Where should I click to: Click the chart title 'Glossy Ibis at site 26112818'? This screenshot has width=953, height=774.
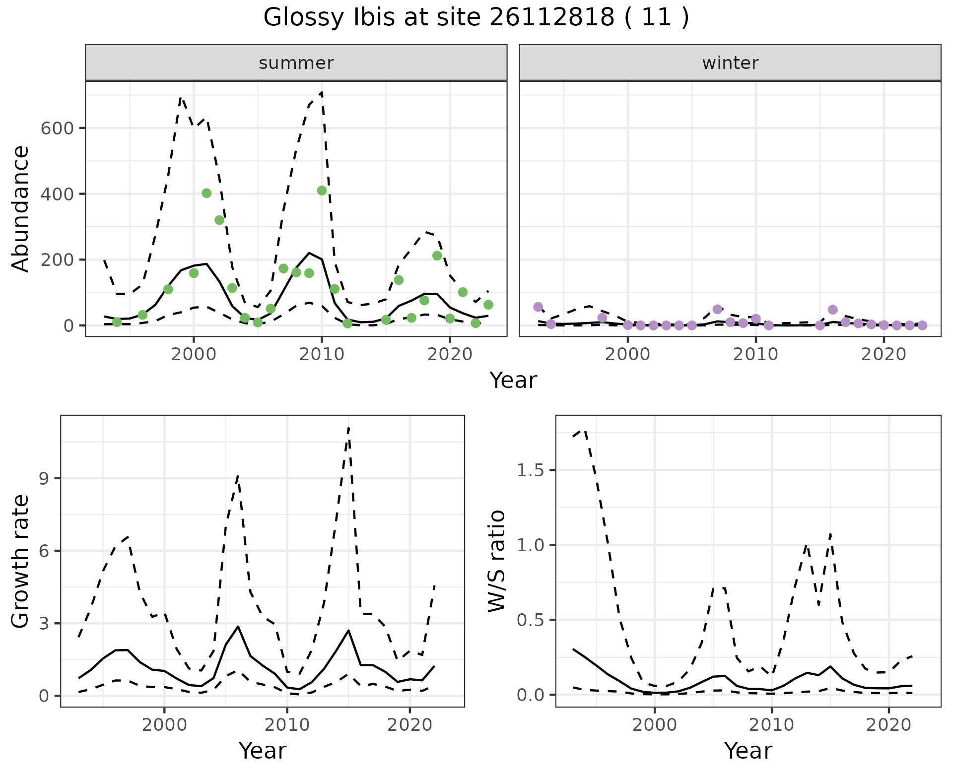pyautogui.click(x=476, y=18)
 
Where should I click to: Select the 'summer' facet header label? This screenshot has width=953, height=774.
pyautogui.click(x=296, y=63)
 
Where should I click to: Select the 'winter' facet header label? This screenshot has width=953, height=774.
pyautogui.click(x=730, y=63)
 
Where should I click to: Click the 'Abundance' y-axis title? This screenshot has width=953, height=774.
pyautogui.click(x=21, y=208)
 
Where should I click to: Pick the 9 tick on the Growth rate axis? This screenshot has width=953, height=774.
pyautogui.click(x=45, y=478)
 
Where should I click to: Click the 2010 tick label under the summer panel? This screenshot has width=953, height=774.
pyautogui.click(x=322, y=355)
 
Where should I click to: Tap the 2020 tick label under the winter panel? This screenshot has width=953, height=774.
pyautogui.click(x=884, y=355)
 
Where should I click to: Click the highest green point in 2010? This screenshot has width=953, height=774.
pyautogui.click(x=322, y=191)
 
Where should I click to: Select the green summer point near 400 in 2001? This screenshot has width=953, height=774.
pyautogui.click(x=206, y=193)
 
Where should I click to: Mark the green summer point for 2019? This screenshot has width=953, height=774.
pyautogui.click(x=437, y=256)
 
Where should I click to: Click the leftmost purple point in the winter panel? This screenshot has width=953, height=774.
pyautogui.click(x=538, y=307)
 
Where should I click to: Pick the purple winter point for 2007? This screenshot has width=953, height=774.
pyautogui.click(x=717, y=309)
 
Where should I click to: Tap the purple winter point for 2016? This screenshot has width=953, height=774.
pyautogui.click(x=833, y=310)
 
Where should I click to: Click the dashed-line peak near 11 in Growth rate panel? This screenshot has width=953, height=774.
pyautogui.click(x=348, y=427)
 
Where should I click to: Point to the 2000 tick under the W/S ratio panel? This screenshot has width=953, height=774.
pyautogui.click(x=655, y=725)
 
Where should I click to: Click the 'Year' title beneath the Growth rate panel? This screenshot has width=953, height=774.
pyautogui.click(x=263, y=751)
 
